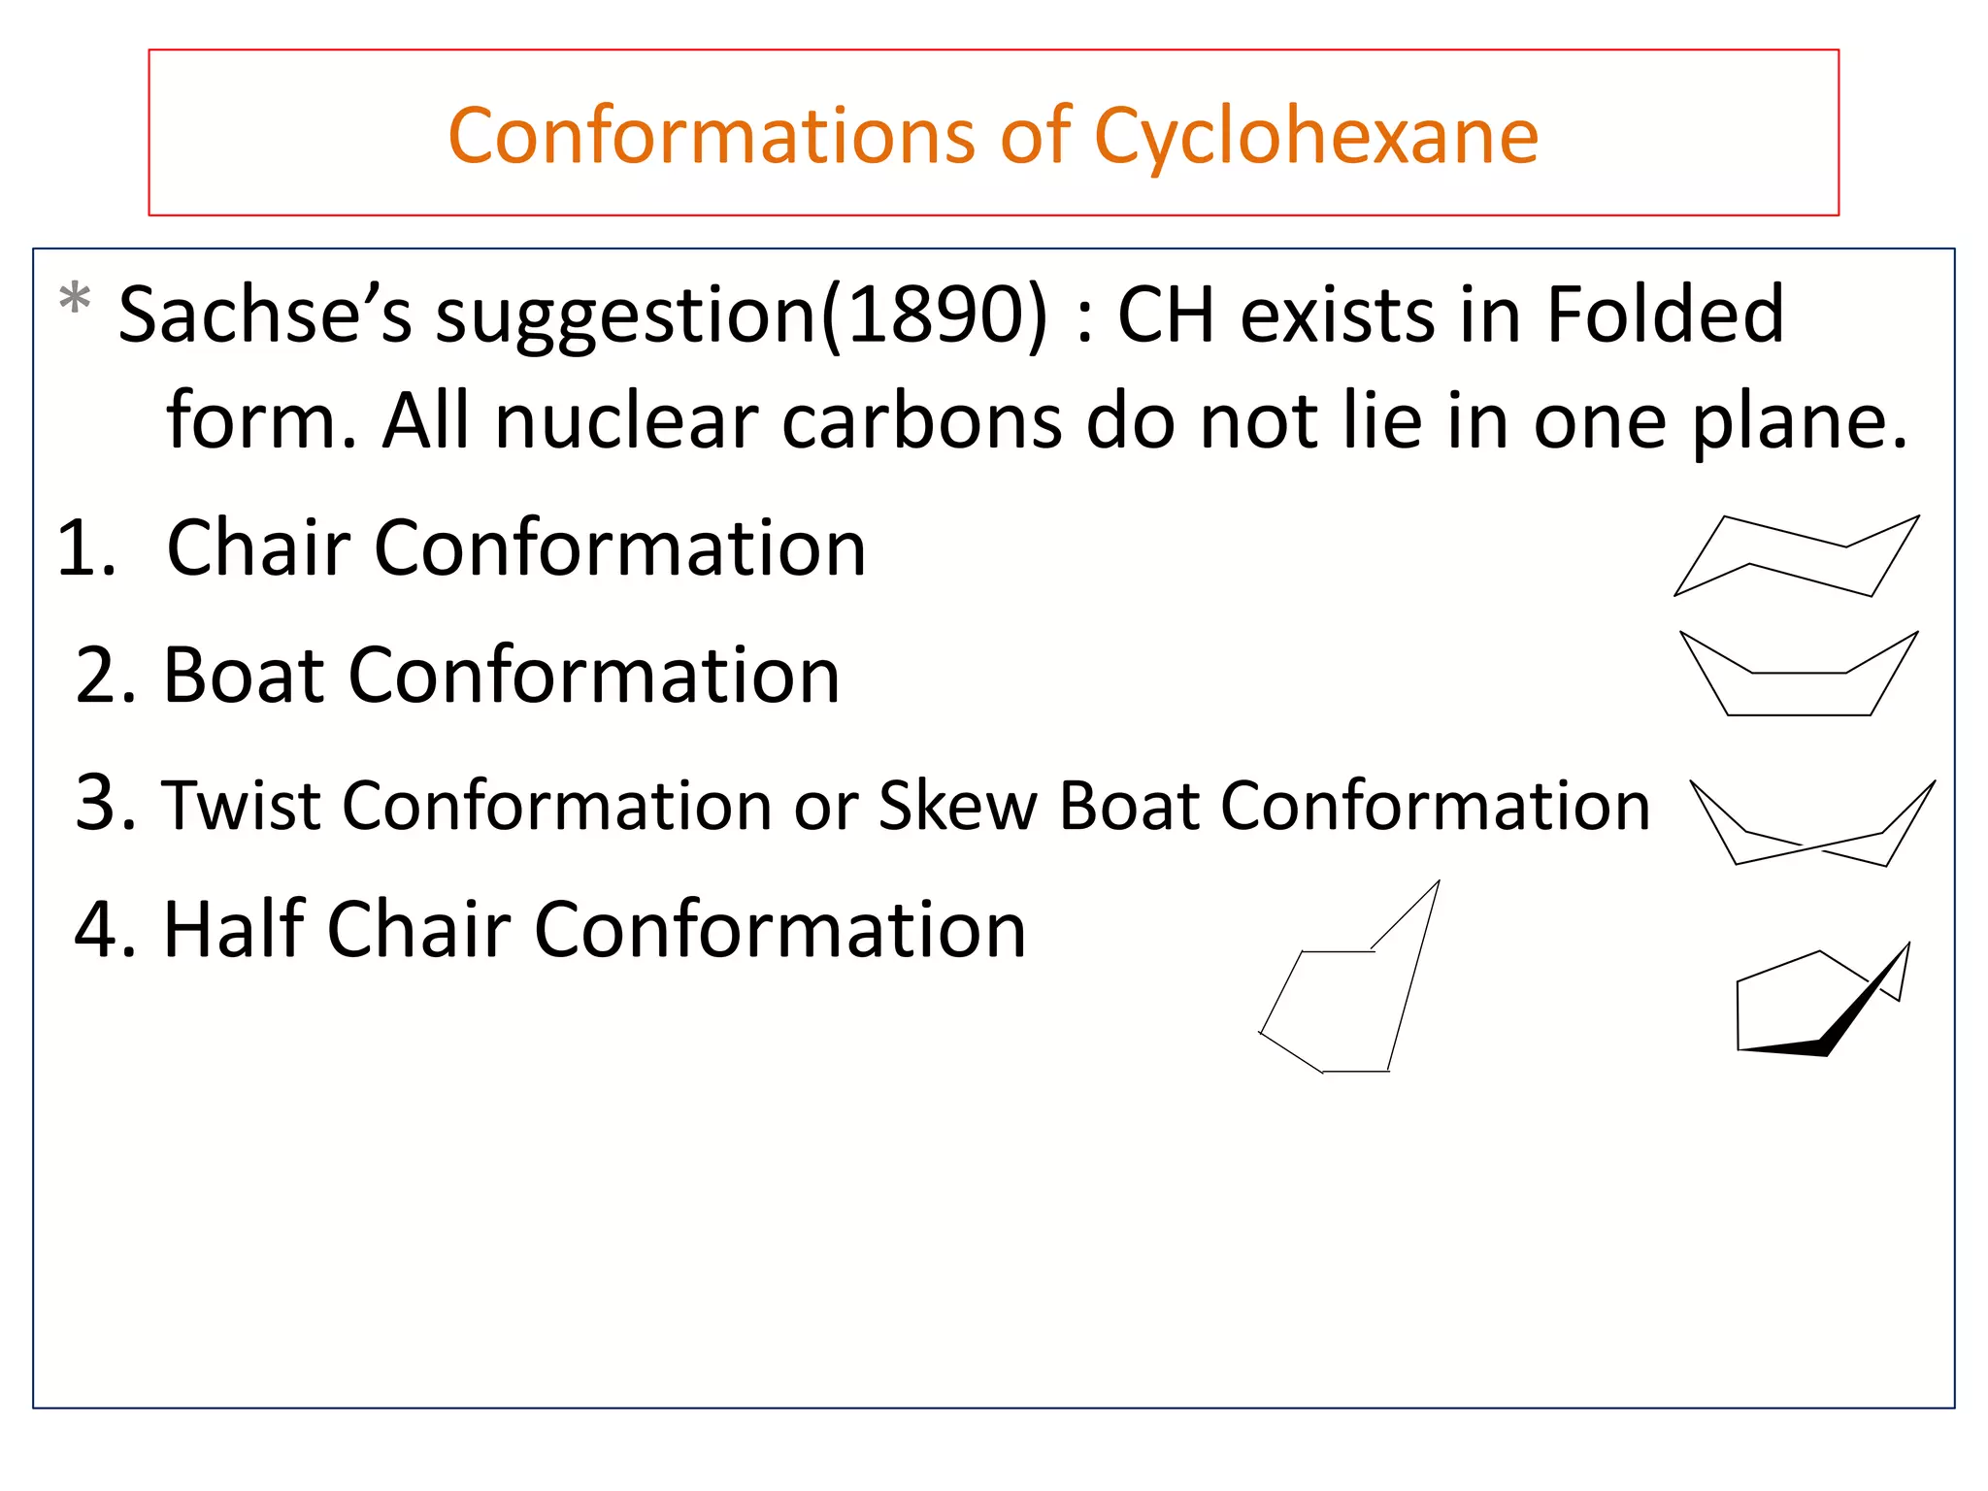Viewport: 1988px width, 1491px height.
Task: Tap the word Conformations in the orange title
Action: point(712,137)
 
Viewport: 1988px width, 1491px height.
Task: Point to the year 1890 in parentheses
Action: point(935,315)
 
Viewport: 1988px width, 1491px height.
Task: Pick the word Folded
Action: point(1664,315)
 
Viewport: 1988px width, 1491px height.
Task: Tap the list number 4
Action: point(104,930)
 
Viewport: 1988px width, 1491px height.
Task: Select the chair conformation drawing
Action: point(1797,557)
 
